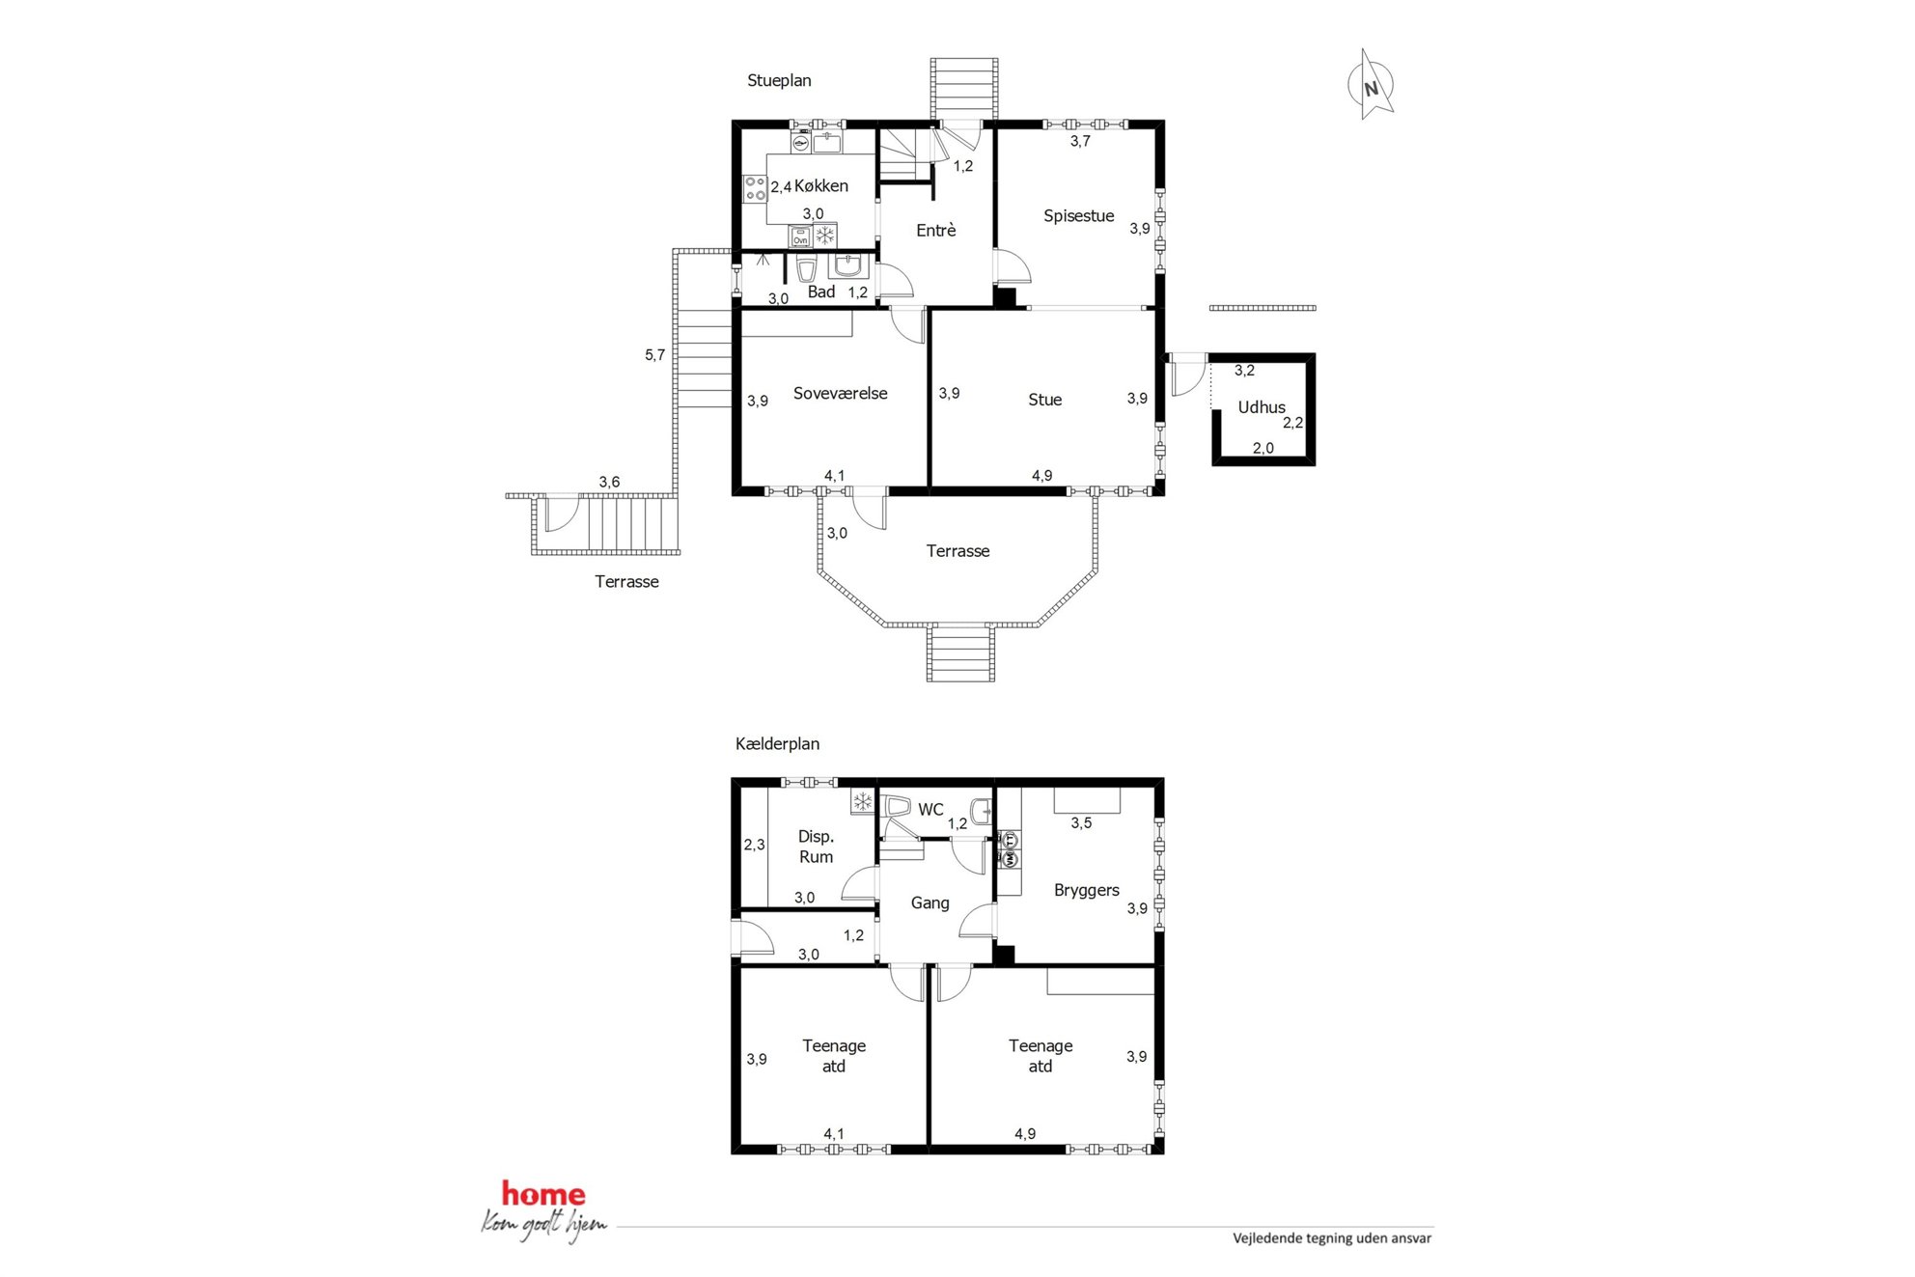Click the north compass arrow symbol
(1371, 86)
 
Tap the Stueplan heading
(779, 81)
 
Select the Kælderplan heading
(777, 744)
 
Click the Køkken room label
(821, 186)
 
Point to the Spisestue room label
(1079, 216)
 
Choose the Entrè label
(936, 230)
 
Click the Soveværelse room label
(841, 394)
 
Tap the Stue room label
(1045, 400)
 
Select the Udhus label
(1262, 407)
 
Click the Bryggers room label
(1087, 891)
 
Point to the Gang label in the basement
(930, 903)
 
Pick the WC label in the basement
(930, 810)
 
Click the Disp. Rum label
(817, 847)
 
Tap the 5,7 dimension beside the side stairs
(655, 355)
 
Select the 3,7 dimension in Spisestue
(1080, 141)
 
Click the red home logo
(543, 1195)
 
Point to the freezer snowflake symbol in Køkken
(825, 236)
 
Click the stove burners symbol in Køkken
(755, 189)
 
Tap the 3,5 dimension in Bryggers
(1081, 823)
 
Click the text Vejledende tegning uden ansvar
(1332, 1238)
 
